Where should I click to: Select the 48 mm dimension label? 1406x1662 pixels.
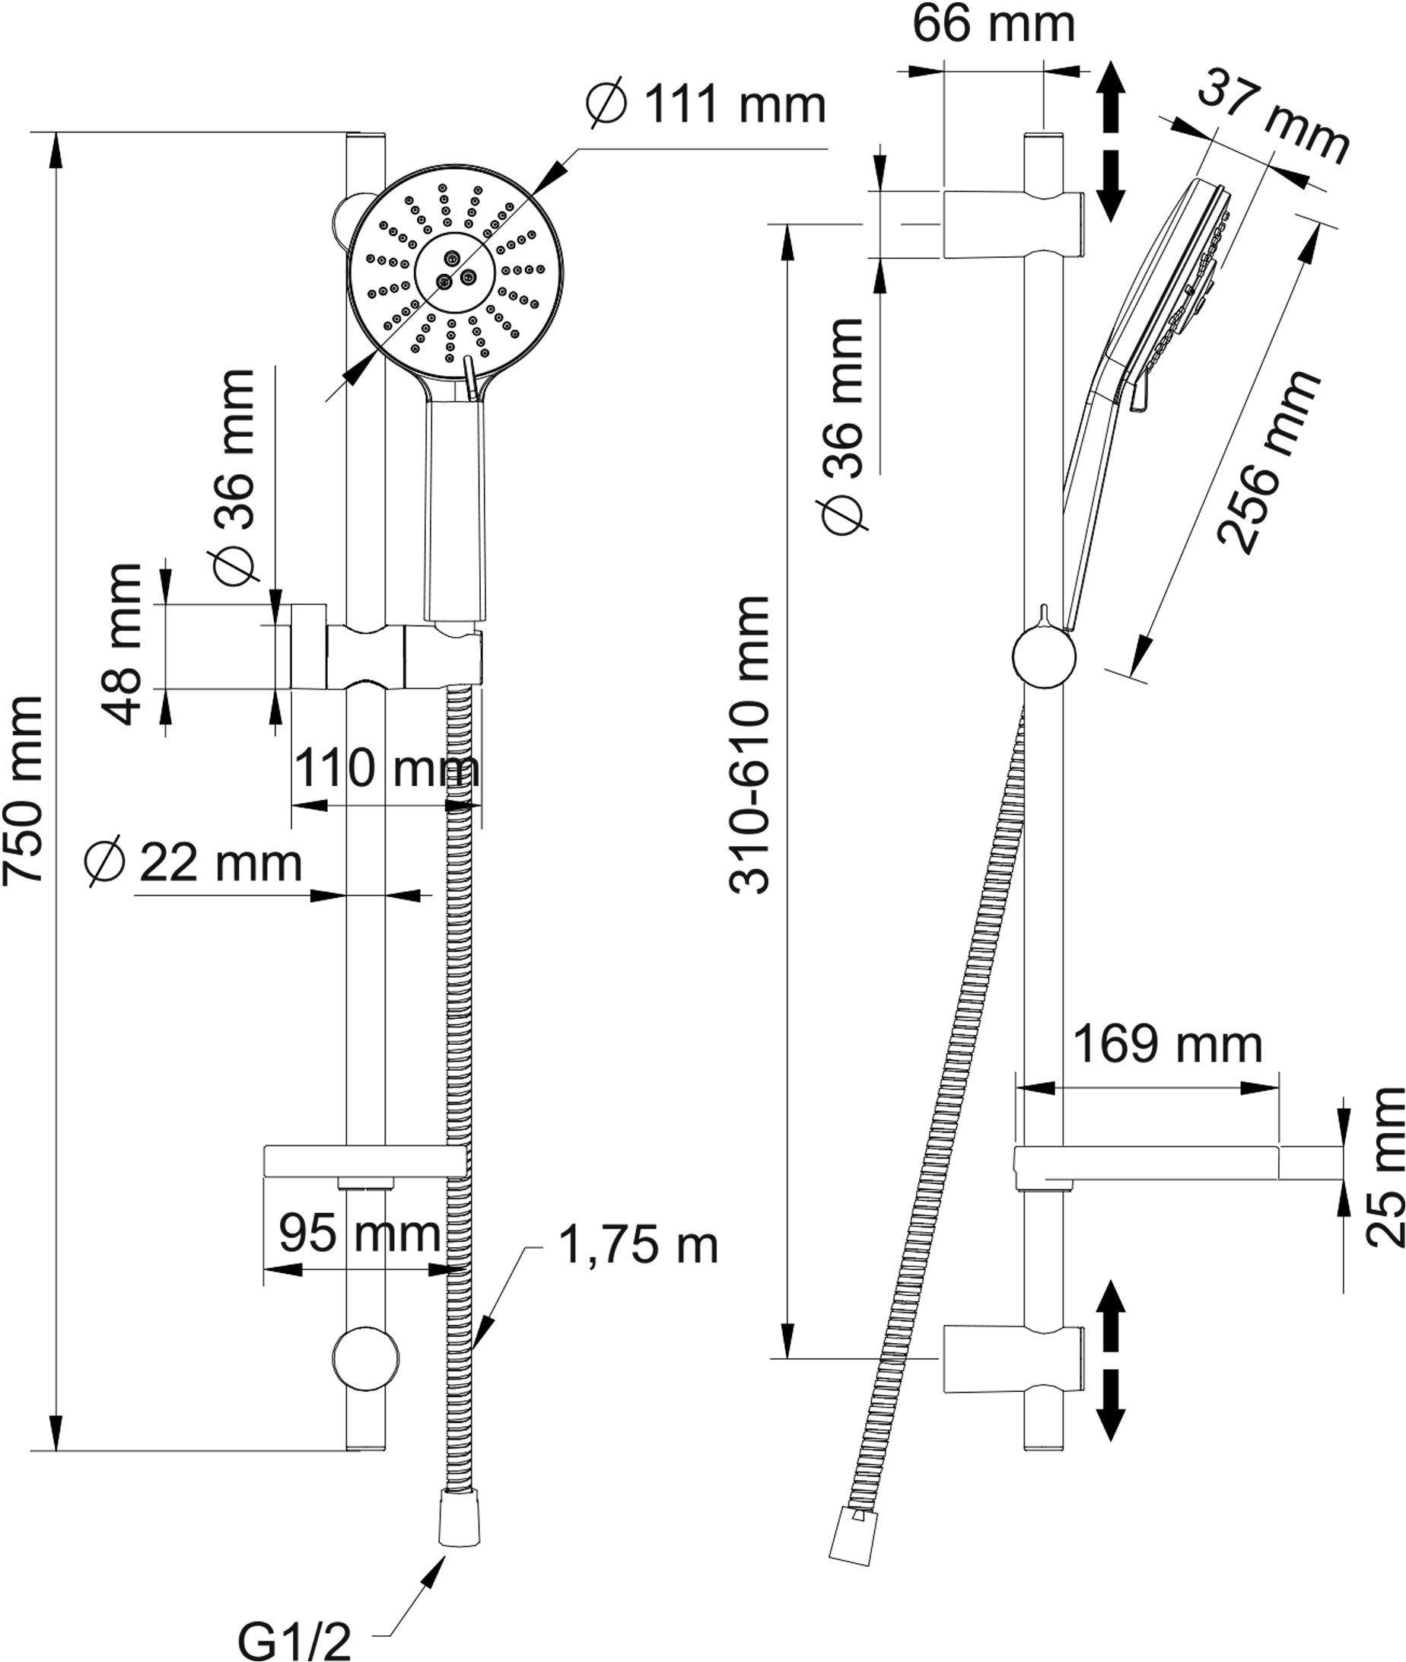pyautogui.click(x=123, y=644)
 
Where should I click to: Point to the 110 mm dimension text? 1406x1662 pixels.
pyautogui.click(x=387, y=769)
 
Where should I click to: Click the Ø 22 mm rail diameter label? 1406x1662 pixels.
pyautogui.click(x=194, y=862)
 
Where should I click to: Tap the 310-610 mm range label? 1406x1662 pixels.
pyautogui.click(x=750, y=744)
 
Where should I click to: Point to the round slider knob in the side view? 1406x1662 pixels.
pyautogui.click(x=1044, y=655)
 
